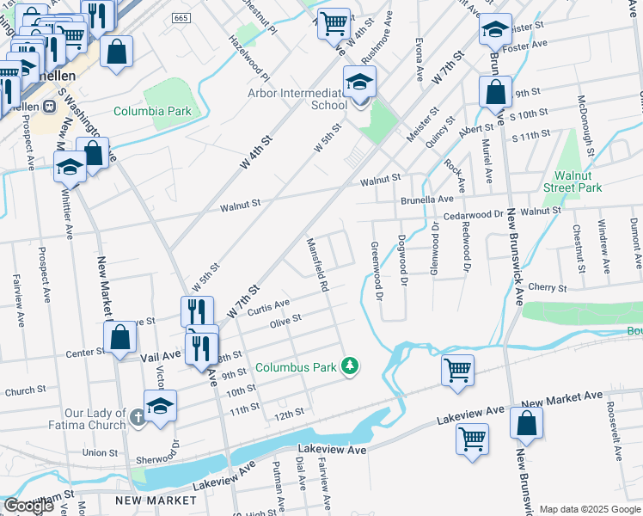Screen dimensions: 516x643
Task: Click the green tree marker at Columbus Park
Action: (x=350, y=366)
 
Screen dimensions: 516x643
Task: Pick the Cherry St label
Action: (x=550, y=287)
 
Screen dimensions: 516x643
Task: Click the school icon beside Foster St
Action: (x=495, y=31)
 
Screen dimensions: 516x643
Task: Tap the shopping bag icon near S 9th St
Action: (x=495, y=93)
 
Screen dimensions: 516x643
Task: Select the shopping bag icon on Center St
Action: (x=120, y=338)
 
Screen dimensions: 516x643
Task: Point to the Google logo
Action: (x=28, y=506)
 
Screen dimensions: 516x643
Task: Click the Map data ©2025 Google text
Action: (x=589, y=509)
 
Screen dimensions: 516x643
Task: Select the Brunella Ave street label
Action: (x=426, y=198)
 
